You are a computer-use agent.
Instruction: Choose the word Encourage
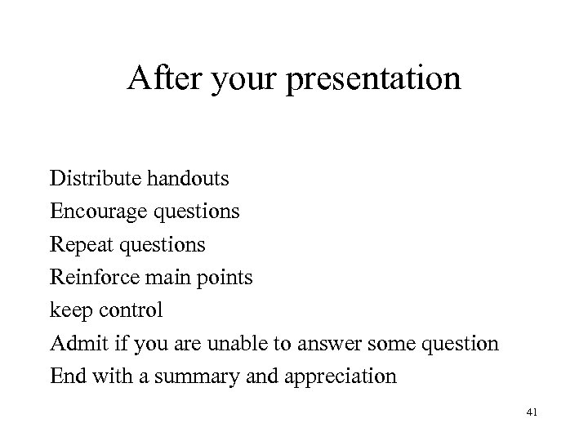click(97, 211)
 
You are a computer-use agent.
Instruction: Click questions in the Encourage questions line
click(195, 212)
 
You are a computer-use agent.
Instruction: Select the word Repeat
click(80, 244)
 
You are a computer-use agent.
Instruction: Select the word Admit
click(73, 344)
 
